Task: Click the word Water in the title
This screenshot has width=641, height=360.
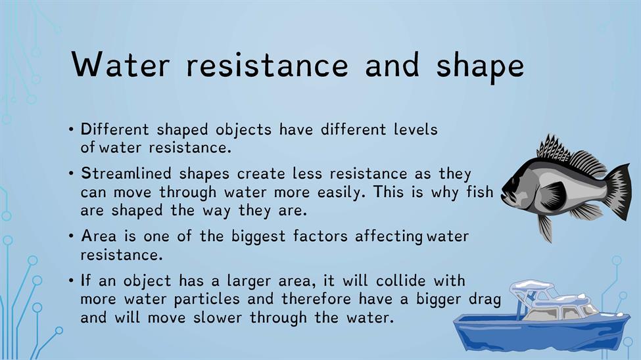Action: click(x=120, y=64)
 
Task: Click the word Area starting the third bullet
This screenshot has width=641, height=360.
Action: click(x=99, y=236)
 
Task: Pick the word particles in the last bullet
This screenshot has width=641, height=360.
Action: click(x=207, y=300)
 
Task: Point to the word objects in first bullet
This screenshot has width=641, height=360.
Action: click(x=243, y=130)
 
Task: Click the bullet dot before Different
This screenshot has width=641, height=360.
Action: click(x=72, y=130)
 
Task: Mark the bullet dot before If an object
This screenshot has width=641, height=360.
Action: click(x=72, y=281)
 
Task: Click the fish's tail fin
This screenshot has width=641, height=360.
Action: click(x=617, y=191)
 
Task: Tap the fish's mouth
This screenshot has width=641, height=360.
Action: click(x=506, y=195)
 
